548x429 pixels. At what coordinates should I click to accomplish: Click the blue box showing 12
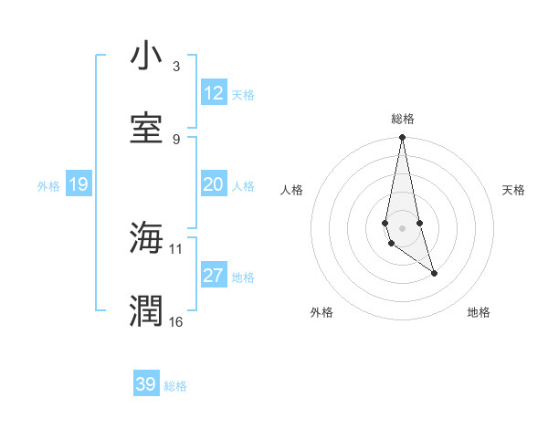tap(213, 93)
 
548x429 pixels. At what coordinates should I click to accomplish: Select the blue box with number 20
tap(213, 184)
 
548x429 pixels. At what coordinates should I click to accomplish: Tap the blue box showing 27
tap(213, 276)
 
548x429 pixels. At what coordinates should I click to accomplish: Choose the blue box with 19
tap(78, 184)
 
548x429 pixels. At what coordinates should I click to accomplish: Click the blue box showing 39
tap(146, 384)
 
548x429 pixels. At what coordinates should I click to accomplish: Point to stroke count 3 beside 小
tap(175, 67)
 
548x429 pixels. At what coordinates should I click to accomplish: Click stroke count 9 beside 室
tap(175, 139)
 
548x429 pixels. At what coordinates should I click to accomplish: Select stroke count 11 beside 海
tap(176, 247)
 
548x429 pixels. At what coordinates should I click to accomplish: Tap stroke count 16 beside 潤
tap(176, 321)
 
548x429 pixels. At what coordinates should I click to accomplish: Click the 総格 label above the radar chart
tap(403, 119)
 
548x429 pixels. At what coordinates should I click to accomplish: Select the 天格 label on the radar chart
tap(513, 190)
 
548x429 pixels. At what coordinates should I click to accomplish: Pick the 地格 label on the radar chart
tap(479, 312)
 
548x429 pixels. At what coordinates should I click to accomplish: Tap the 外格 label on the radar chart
tap(321, 312)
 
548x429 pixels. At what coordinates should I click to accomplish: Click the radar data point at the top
tap(403, 138)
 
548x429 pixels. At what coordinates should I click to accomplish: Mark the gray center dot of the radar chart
tap(403, 227)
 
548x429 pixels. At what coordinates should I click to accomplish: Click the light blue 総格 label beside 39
tap(175, 386)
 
